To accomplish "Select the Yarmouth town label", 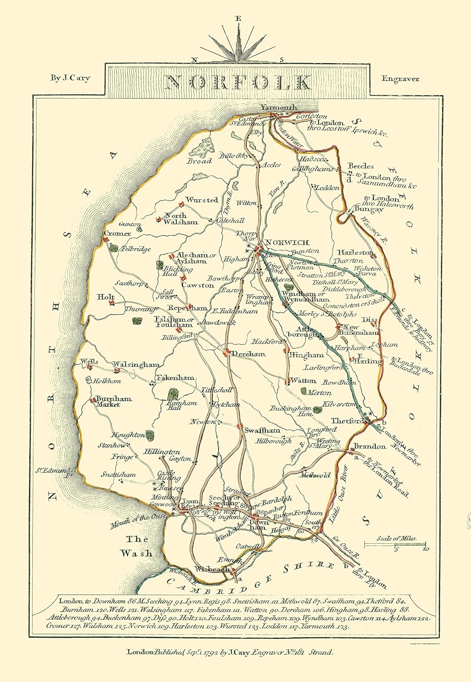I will click(x=278, y=107).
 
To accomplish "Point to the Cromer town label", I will click(x=117, y=233).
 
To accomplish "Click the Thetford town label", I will click(x=348, y=421).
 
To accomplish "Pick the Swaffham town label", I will click(x=262, y=430).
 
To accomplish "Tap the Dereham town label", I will click(x=248, y=353).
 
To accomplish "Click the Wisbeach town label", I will click(x=212, y=569).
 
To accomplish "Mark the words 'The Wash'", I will click(x=136, y=547).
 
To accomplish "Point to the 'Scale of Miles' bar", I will click(x=395, y=544).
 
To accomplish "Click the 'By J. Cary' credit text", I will click(x=70, y=78).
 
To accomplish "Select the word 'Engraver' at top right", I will click(x=400, y=79).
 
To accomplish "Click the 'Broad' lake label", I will click(x=199, y=161).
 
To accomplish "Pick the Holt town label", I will click(x=106, y=297).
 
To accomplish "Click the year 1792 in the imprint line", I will click(x=196, y=652).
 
